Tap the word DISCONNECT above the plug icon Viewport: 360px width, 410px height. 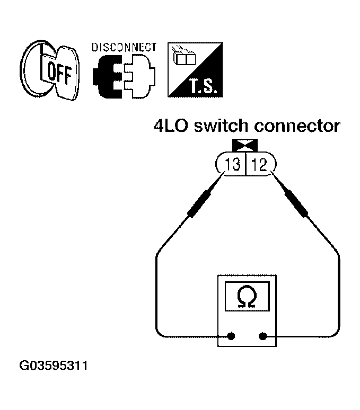point(124,48)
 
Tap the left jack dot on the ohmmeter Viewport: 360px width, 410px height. point(232,336)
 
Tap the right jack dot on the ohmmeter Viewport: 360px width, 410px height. point(262,336)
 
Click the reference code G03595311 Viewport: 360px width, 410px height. point(54,366)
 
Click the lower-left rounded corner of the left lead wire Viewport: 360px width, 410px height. point(160,332)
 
